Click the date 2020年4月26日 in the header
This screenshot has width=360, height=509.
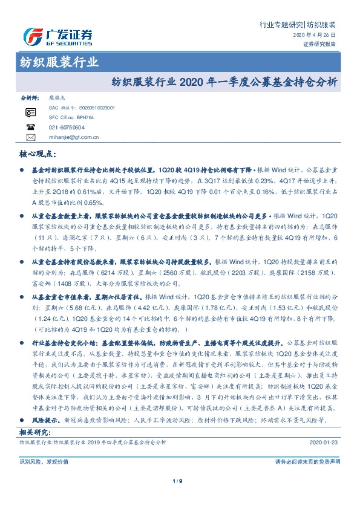(317, 36)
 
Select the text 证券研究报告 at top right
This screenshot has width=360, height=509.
(318, 44)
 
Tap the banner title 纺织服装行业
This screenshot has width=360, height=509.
(56, 62)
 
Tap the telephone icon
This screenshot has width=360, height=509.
(30, 127)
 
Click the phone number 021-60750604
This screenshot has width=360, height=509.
(67, 127)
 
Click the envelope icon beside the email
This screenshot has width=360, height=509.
(30, 137)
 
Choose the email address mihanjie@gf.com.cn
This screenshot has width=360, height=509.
(74, 137)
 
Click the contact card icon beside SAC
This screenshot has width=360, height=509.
(30, 112)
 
